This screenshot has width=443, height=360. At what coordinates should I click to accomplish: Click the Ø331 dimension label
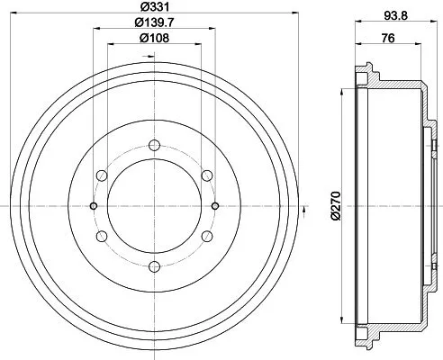click(x=154, y=7)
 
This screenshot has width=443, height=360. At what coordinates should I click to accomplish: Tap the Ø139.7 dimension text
click(x=154, y=22)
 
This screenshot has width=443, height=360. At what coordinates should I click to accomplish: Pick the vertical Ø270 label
click(x=335, y=205)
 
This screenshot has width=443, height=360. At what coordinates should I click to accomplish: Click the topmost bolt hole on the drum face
click(x=154, y=145)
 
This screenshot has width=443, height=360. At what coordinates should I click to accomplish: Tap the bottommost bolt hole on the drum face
click(x=154, y=265)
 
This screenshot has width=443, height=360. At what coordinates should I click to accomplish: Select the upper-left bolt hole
click(x=102, y=175)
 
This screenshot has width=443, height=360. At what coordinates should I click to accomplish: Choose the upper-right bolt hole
click(x=206, y=175)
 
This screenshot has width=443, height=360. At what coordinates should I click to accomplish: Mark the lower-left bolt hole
click(x=102, y=236)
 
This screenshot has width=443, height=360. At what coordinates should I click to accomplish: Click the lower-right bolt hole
click(x=206, y=236)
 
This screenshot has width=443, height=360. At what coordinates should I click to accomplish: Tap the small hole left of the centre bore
click(x=94, y=206)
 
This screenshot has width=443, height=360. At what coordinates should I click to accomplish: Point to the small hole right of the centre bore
click(x=214, y=206)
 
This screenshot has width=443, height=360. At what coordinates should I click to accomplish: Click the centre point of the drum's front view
click(x=154, y=206)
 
